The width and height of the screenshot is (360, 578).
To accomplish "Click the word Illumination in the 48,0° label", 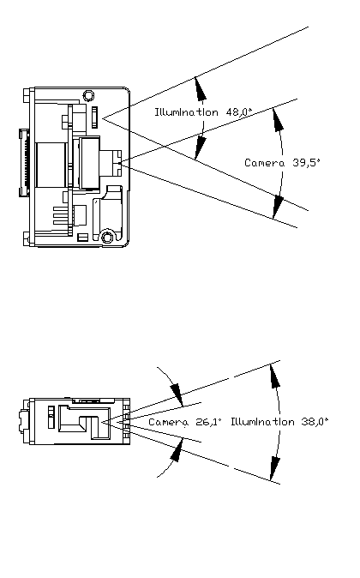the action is [x=186, y=111].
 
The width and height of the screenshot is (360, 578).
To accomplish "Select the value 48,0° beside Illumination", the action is [x=239, y=111].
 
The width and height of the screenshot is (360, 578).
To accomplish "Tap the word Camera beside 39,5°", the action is [x=265, y=163].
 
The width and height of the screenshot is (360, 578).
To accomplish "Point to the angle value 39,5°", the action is [x=307, y=163].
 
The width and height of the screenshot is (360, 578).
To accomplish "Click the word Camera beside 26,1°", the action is [x=168, y=422].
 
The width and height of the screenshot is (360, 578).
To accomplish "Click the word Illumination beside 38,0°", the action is [x=263, y=422].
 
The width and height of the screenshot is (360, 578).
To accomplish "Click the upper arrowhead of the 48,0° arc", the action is [x=200, y=88].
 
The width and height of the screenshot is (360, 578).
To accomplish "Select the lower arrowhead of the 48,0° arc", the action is [x=200, y=148].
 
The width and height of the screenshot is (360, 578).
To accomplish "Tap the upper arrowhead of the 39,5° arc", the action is [x=278, y=119].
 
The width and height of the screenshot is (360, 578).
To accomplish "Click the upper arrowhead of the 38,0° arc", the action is [x=274, y=376].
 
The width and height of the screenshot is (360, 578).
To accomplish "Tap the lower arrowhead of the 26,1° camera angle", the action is [x=177, y=449].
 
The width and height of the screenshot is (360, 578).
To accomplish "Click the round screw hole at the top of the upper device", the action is [x=88, y=95].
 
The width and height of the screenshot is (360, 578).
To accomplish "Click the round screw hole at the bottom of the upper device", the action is [x=107, y=237].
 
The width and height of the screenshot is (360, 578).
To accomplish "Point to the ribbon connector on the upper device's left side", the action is [x=24, y=163].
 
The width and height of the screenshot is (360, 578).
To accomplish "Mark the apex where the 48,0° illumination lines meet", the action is [x=103, y=118].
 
